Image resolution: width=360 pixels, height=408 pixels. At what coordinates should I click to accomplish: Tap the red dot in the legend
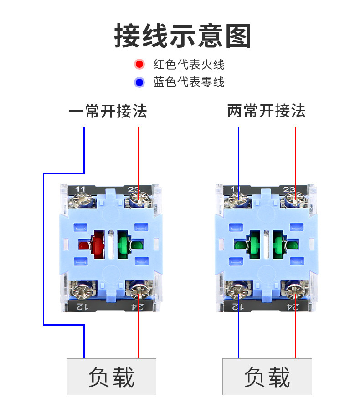[x=139, y=64]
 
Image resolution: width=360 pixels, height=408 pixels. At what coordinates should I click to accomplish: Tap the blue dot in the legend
[x=139, y=82]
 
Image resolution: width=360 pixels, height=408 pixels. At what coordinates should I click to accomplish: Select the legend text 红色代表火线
[x=189, y=64]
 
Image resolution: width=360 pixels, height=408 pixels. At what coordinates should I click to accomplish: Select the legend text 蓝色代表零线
[x=189, y=82]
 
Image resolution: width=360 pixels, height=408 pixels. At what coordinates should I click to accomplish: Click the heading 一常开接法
[x=108, y=111]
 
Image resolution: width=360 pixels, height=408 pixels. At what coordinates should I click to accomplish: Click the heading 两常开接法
[x=266, y=111]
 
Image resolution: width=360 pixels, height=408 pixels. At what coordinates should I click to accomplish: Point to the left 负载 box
[x=111, y=377]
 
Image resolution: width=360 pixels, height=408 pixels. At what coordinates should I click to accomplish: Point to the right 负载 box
[x=267, y=377]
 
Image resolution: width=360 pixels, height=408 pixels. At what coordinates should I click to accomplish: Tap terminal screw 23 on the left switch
[x=137, y=199]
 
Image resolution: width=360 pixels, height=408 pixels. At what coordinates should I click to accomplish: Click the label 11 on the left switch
[x=81, y=189]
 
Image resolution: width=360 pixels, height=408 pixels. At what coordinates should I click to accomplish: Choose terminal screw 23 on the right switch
[x=293, y=199]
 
